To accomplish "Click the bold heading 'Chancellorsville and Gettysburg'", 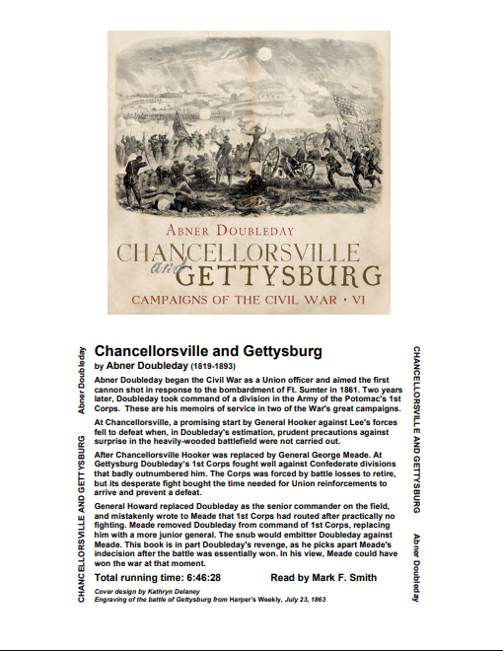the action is pyautogui.click(x=208, y=351).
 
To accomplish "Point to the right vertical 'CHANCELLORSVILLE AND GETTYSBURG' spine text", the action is pyautogui.click(x=416, y=428).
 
